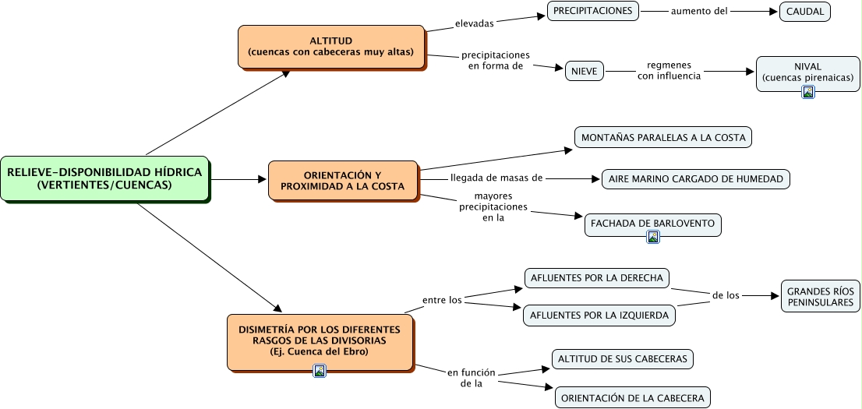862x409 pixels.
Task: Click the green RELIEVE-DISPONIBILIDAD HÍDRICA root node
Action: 105,178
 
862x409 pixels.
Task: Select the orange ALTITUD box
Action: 331,47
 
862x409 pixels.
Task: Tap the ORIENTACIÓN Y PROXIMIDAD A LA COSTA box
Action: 343,180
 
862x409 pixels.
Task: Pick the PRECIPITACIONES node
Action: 592,11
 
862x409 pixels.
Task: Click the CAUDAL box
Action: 805,12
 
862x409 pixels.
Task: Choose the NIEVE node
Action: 585,72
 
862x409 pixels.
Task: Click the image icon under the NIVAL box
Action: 808,92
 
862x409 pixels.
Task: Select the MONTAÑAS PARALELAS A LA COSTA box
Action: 663,137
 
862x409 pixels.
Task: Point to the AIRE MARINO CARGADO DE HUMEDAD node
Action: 696,179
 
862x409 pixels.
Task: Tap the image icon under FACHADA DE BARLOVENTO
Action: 653,236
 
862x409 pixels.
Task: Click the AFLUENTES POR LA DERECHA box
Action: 597,277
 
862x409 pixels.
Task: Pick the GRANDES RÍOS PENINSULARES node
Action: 820,296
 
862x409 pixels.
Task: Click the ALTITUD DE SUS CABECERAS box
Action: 623,359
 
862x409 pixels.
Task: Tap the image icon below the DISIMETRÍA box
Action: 320,371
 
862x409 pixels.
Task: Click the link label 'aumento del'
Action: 699,10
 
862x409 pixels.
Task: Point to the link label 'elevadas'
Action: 475,23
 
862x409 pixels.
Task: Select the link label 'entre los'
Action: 442,300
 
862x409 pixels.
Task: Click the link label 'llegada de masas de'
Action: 496,178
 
